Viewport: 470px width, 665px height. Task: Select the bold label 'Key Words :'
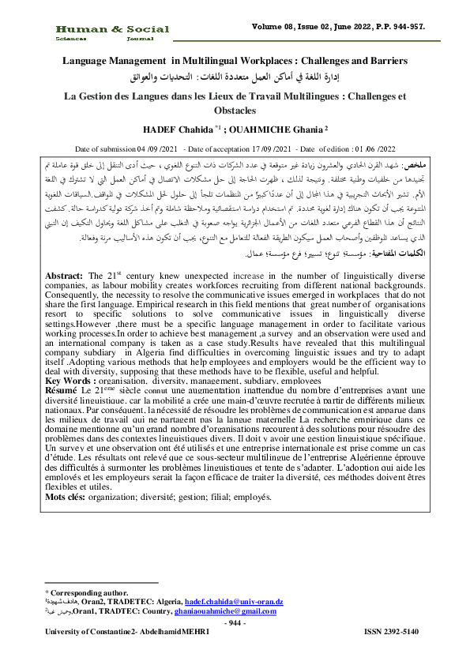(69, 380)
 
